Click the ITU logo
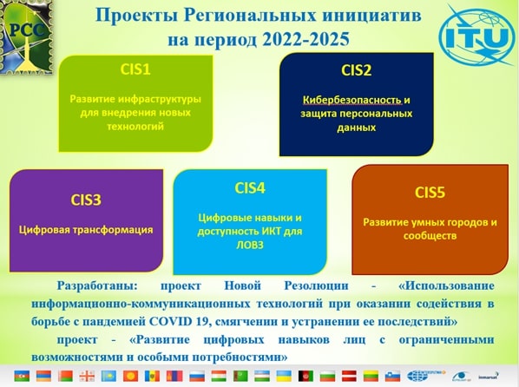[477, 36]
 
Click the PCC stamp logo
[27, 36]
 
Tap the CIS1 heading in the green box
[135, 69]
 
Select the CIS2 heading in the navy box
[356, 70]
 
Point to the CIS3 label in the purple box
[86, 200]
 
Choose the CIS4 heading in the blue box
[250, 188]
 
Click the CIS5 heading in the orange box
[430, 193]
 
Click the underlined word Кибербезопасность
[352, 100]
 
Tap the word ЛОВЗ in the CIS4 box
[250, 245]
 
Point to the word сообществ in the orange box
[430, 236]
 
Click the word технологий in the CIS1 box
[135, 127]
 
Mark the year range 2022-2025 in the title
[305, 39]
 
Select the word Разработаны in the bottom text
[97, 285]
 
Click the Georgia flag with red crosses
[87, 376]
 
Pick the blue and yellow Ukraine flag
[284, 376]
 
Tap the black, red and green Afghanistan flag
[305, 376]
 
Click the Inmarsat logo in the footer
[489, 377]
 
